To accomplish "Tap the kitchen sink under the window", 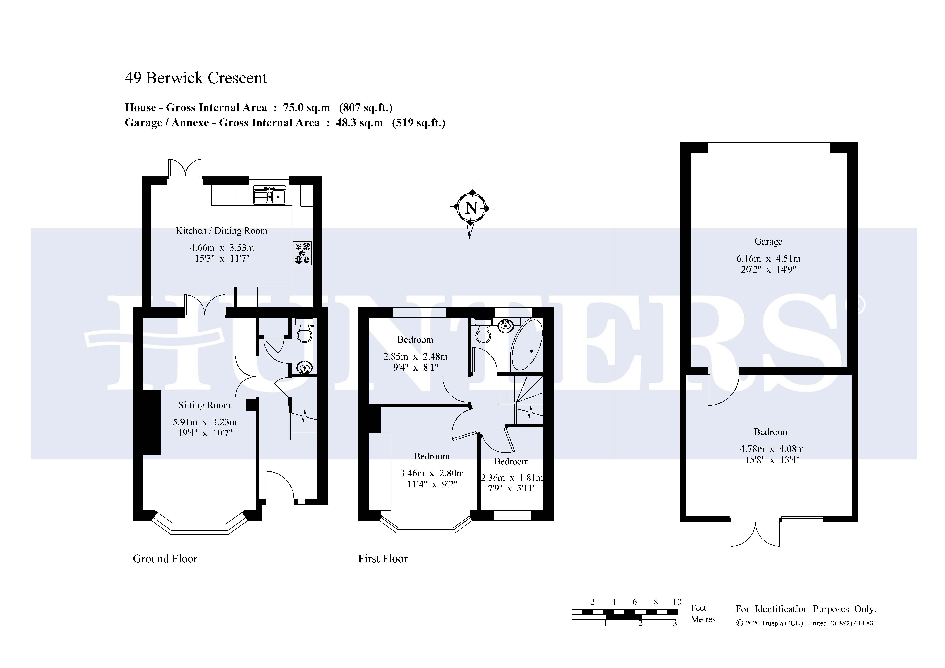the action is tap(270, 195).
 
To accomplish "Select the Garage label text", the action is tap(768, 242).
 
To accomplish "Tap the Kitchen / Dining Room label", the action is tap(221, 231).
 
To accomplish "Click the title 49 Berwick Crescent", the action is tap(196, 78).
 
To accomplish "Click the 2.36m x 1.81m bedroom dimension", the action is tap(512, 478).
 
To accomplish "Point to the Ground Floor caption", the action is tap(165, 558).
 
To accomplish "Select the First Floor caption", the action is tap(383, 558).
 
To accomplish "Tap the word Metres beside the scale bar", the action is tap(703, 619).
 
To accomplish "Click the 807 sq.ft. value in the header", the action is tap(366, 108).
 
